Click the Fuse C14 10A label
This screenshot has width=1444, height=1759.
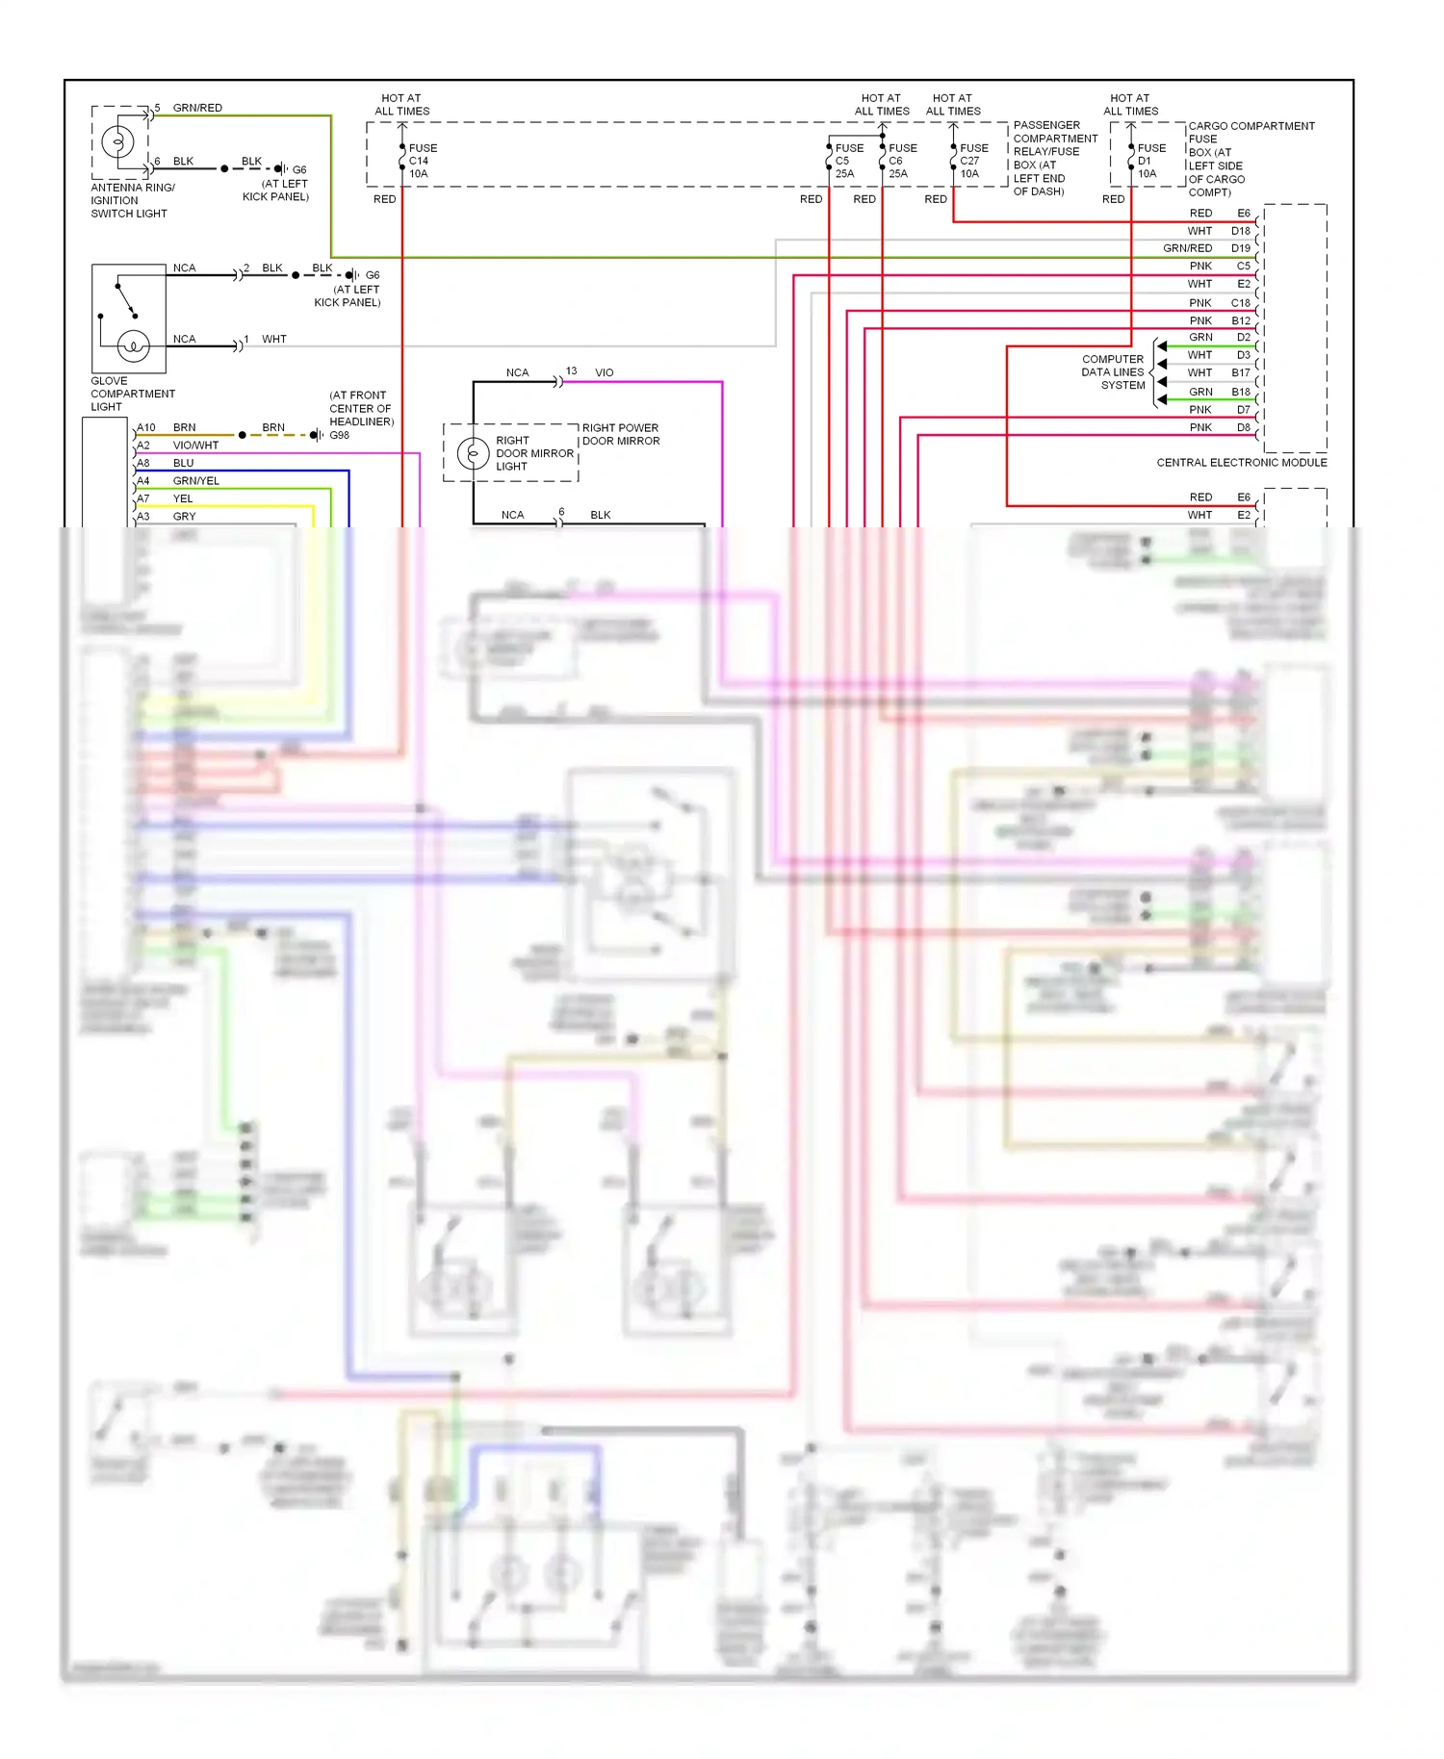(x=422, y=161)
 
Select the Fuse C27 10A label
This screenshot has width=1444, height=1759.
(x=972, y=161)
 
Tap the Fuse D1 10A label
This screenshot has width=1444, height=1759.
(x=1150, y=161)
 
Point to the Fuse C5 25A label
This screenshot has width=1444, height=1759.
(x=847, y=161)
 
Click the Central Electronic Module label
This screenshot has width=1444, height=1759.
(x=1241, y=463)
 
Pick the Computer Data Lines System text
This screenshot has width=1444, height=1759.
(x=1113, y=372)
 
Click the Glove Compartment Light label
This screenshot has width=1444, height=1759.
(x=132, y=394)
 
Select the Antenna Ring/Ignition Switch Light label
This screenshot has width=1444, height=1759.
(x=132, y=200)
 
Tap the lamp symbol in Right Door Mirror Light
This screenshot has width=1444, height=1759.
(x=473, y=453)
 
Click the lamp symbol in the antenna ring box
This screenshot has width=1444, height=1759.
(x=118, y=142)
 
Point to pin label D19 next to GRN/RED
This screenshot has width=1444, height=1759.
(x=1240, y=248)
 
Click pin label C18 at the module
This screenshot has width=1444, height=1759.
(x=1240, y=303)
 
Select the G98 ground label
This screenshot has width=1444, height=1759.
(x=339, y=435)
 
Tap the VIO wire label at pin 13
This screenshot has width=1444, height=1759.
(x=604, y=372)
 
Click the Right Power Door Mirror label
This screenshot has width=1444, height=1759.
(x=620, y=434)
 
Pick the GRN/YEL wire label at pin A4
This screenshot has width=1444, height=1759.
(x=195, y=481)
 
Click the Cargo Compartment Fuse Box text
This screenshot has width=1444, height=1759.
(x=1250, y=159)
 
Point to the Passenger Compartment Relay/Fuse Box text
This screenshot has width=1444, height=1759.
(x=1054, y=158)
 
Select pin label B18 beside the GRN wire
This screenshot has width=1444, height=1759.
(x=1240, y=392)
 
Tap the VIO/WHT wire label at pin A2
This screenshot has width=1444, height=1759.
(x=195, y=446)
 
